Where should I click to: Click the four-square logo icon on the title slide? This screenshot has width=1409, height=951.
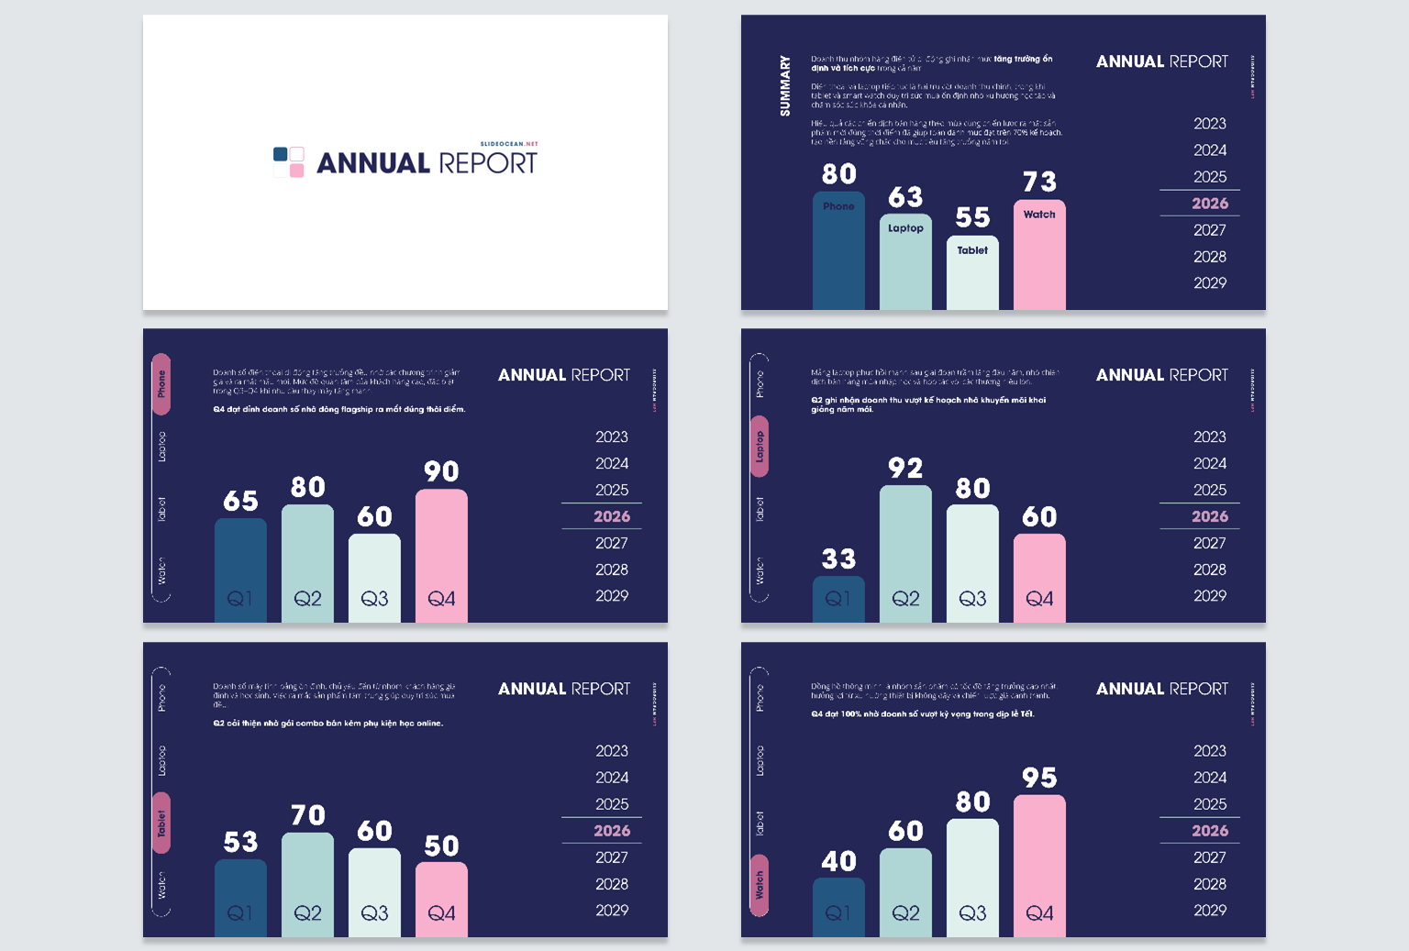(289, 162)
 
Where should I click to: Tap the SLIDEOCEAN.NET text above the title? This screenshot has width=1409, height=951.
(509, 144)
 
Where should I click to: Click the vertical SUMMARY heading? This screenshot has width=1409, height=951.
(785, 86)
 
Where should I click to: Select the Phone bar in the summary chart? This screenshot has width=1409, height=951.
(838, 252)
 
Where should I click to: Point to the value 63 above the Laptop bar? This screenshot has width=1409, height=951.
(905, 197)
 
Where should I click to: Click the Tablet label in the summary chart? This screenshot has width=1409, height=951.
(972, 250)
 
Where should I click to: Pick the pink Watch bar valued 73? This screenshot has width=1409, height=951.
(1039, 257)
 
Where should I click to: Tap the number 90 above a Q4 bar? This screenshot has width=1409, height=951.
(441, 471)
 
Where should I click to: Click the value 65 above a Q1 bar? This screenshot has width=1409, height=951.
(240, 501)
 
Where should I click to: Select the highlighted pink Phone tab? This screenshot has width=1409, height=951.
(161, 383)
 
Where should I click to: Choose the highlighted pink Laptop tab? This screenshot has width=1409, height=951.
(760, 447)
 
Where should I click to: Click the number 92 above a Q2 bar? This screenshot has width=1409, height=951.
(905, 469)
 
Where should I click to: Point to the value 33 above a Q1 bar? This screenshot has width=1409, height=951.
(838, 558)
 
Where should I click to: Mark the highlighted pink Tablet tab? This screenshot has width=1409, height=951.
(161, 823)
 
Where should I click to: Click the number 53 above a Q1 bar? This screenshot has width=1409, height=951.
(240, 842)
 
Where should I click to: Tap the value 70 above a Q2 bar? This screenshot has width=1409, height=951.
(307, 815)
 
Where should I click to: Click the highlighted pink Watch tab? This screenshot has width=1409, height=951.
(760, 885)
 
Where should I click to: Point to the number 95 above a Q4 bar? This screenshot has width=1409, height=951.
(1039, 778)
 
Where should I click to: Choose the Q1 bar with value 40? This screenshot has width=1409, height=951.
(838, 907)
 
